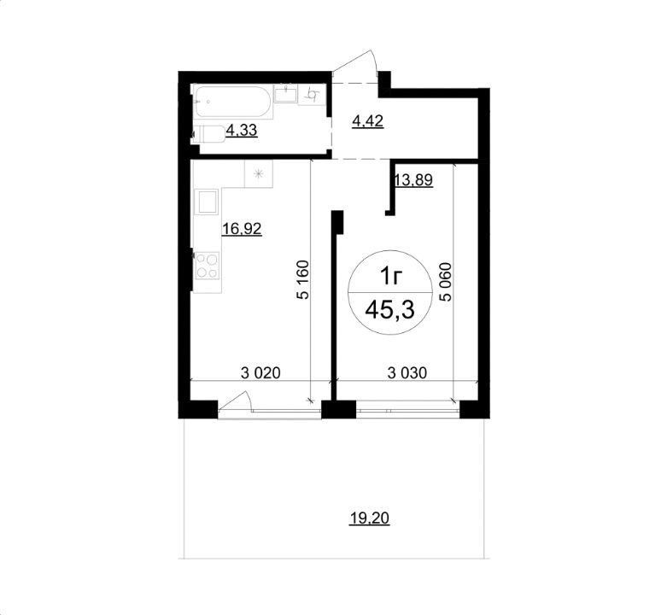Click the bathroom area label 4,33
point(241,130)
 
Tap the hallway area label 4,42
point(368,121)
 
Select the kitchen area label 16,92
point(242,229)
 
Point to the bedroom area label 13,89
point(414,180)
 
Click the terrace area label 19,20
point(369,518)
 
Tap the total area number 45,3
point(390,310)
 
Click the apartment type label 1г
point(390,277)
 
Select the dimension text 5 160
point(304,280)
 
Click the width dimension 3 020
point(260,373)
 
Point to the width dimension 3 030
point(407,373)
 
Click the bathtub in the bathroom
point(232,102)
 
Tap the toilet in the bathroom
point(209,133)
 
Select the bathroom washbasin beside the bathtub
point(285,94)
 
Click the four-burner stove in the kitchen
point(207,265)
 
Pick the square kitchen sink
point(207,202)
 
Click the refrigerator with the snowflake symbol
point(258,173)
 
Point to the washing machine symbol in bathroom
point(313,95)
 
